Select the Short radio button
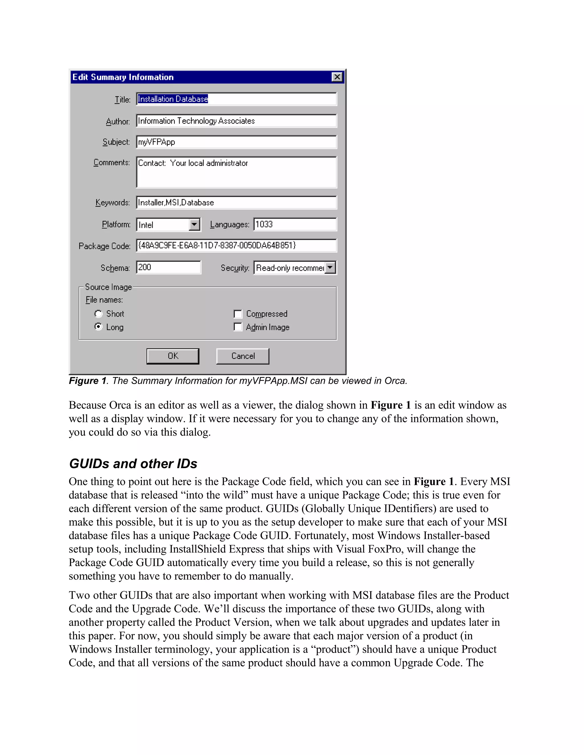[x=99, y=314]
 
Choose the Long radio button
[x=99, y=327]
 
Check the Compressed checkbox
[x=238, y=314]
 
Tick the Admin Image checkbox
[x=238, y=327]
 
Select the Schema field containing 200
[x=168, y=267]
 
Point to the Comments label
[x=111, y=162]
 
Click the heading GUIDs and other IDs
[x=133, y=464]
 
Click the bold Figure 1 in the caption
[x=88, y=381]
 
